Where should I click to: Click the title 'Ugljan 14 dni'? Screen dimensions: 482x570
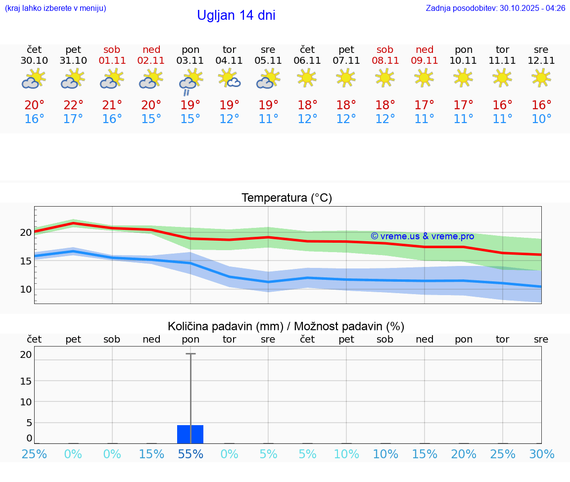[236, 15]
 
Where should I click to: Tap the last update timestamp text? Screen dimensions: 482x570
[495, 8]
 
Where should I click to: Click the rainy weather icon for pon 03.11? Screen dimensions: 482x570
[190, 82]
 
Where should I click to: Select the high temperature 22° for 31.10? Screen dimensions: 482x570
[73, 105]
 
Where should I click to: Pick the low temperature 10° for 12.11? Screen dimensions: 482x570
[541, 119]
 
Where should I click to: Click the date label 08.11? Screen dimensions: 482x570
[385, 61]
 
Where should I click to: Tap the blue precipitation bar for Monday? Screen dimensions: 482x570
[190, 434]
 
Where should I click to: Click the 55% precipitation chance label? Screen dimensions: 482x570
[190, 454]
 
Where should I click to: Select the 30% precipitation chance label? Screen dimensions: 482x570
[541, 454]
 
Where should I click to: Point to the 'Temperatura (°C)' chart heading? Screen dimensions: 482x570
[286, 198]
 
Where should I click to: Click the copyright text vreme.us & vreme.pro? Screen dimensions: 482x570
[422, 236]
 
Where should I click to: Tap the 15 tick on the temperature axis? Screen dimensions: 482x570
[26, 261]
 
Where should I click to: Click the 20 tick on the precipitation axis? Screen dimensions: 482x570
[26, 354]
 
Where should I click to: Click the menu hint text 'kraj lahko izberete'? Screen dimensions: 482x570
[55, 8]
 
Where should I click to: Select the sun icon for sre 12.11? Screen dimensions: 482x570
[541, 78]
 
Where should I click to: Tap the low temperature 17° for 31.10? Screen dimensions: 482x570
[73, 119]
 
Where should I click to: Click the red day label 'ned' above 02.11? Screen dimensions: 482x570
[151, 49]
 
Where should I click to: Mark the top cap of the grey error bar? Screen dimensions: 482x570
[190, 354]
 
